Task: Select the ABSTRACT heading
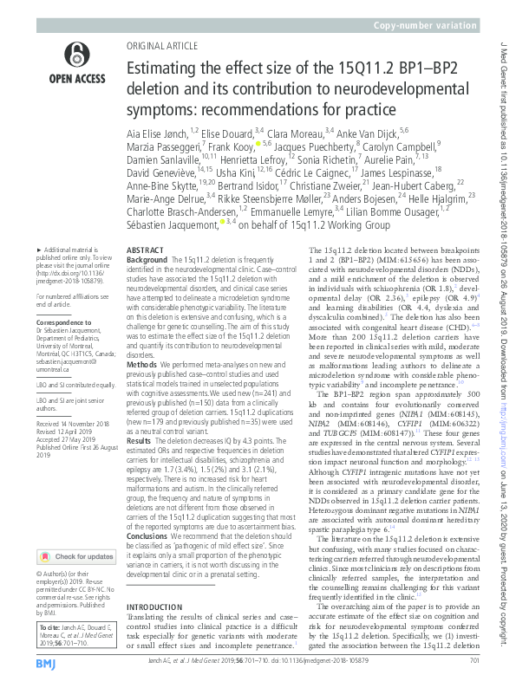point(146,248)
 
